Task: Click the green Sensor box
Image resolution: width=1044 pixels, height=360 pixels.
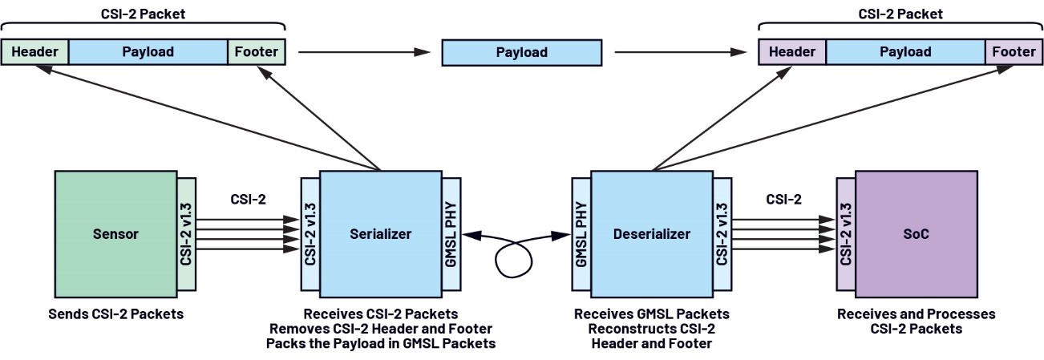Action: (115, 234)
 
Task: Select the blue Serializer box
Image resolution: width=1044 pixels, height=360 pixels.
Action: (380, 234)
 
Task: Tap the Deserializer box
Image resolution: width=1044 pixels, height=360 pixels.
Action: (652, 234)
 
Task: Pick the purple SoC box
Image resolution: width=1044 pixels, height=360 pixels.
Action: (916, 234)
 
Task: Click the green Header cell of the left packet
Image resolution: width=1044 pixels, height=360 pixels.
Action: (34, 52)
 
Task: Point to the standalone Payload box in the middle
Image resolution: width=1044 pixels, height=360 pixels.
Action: (521, 53)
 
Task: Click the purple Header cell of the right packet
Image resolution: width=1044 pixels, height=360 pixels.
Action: (791, 52)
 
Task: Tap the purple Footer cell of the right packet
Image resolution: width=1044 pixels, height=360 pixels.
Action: (1013, 52)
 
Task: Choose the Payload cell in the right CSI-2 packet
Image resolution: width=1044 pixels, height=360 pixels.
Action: (905, 52)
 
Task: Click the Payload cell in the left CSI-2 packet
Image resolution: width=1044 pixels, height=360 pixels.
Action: (148, 52)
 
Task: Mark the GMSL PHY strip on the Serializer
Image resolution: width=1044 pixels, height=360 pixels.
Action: (451, 234)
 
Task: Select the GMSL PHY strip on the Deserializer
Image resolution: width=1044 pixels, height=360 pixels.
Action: (582, 234)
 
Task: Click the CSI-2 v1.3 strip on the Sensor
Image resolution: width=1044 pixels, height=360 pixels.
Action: (186, 234)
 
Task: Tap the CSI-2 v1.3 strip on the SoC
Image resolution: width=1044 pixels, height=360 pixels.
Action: (845, 234)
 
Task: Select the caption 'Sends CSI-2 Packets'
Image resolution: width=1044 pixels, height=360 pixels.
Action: (115, 313)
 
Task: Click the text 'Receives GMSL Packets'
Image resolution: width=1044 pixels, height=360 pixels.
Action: (651, 313)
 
